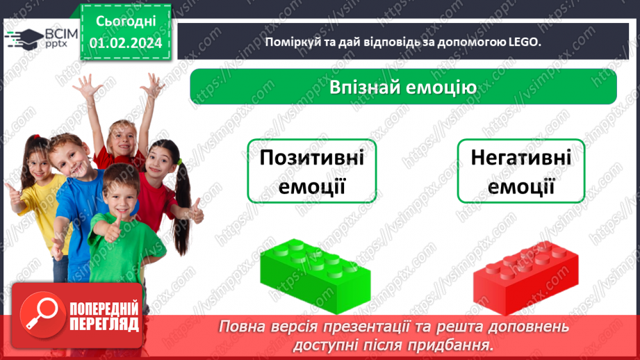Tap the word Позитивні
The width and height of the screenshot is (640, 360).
311,158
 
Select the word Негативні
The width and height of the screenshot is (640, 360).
521,158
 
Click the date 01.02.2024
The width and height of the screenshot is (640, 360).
126,43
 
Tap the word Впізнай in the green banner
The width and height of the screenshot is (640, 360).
369,88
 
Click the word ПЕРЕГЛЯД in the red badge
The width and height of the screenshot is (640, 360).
104,324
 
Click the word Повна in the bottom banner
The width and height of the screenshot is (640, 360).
243,327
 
